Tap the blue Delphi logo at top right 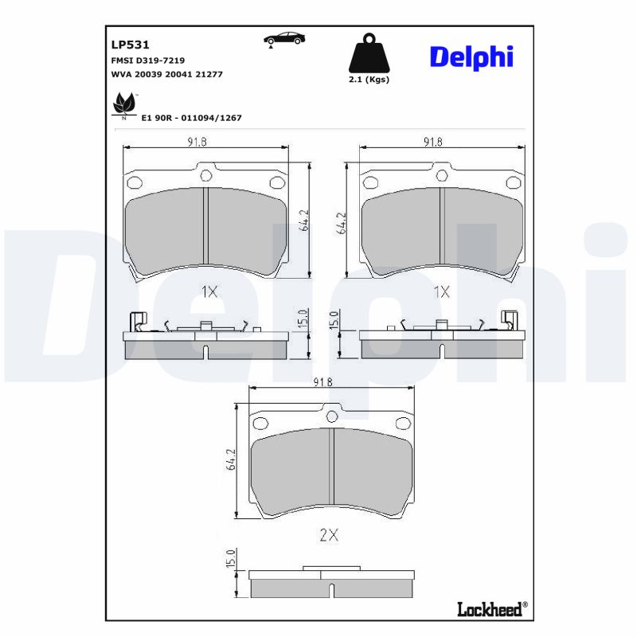click(471, 57)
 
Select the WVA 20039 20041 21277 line click(166, 73)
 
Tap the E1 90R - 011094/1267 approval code click(191, 117)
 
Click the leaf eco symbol click(124, 104)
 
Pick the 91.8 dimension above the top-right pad click(433, 142)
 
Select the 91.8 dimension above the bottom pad click(322, 382)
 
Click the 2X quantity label click(329, 536)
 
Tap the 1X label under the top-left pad click(209, 292)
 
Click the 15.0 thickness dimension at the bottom click(231, 559)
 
